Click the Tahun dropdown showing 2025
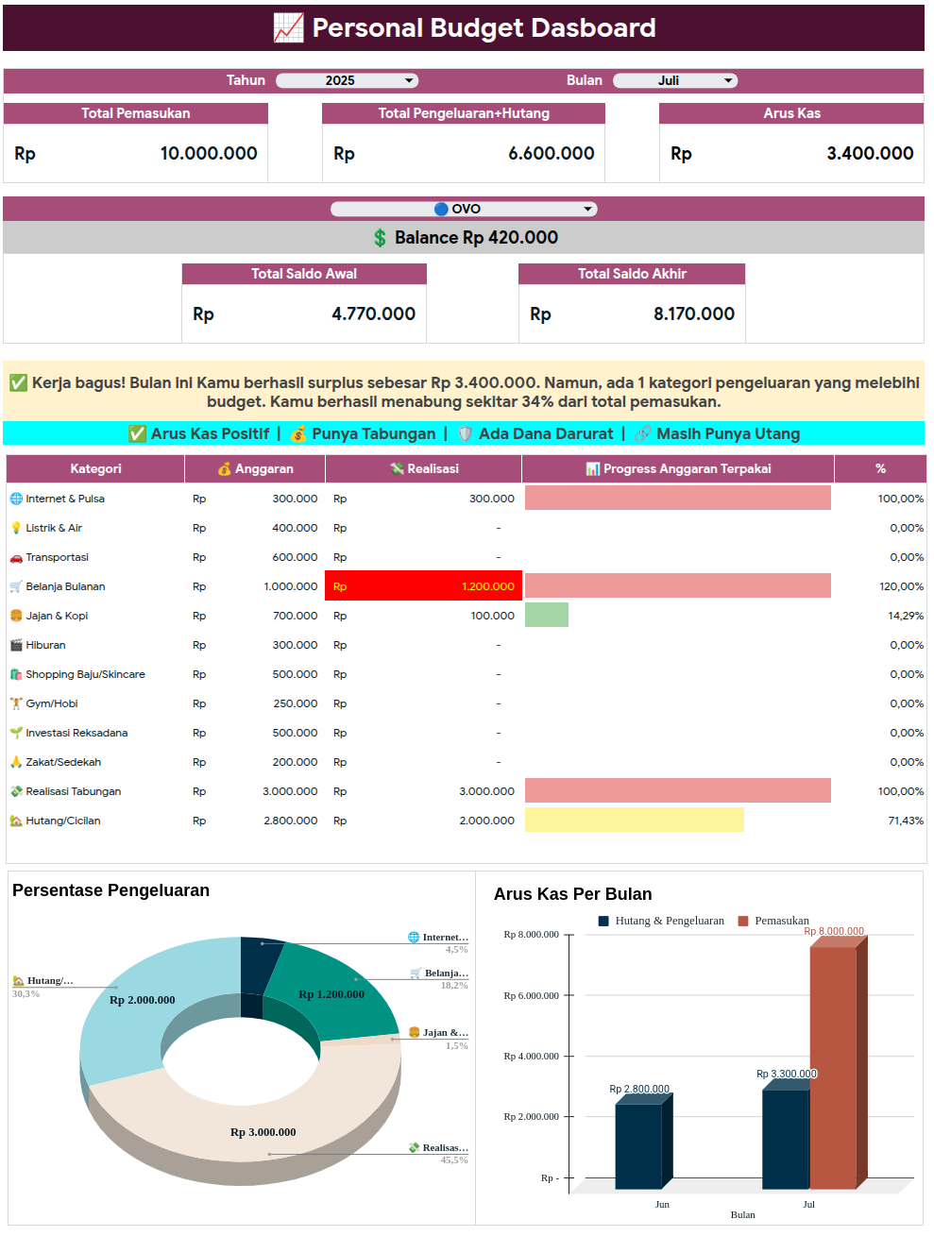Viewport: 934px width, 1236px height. click(347, 81)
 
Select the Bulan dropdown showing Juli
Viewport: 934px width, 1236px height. click(674, 81)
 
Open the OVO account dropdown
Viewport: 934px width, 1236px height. click(464, 209)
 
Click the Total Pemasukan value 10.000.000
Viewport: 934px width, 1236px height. click(208, 154)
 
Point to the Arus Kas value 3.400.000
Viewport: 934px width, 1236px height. click(869, 154)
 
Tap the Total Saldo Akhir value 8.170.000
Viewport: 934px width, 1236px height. click(693, 314)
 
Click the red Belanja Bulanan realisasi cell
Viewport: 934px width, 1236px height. click(423, 586)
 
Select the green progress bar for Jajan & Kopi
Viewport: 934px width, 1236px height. click(547, 616)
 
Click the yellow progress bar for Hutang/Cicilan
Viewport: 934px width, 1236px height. click(634, 821)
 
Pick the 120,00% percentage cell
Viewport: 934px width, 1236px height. click(900, 586)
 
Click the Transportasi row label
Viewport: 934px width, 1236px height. click(57, 557)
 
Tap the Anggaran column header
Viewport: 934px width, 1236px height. click(255, 469)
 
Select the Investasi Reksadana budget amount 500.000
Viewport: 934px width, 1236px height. click(295, 733)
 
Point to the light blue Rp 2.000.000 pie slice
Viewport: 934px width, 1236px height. click(132, 1010)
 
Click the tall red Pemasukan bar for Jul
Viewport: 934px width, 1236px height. click(833, 1067)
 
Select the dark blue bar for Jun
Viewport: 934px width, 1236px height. click(638, 1145)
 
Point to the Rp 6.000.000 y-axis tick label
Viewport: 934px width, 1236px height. click(531, 995)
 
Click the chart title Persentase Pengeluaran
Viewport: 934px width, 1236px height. click(110, 890)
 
